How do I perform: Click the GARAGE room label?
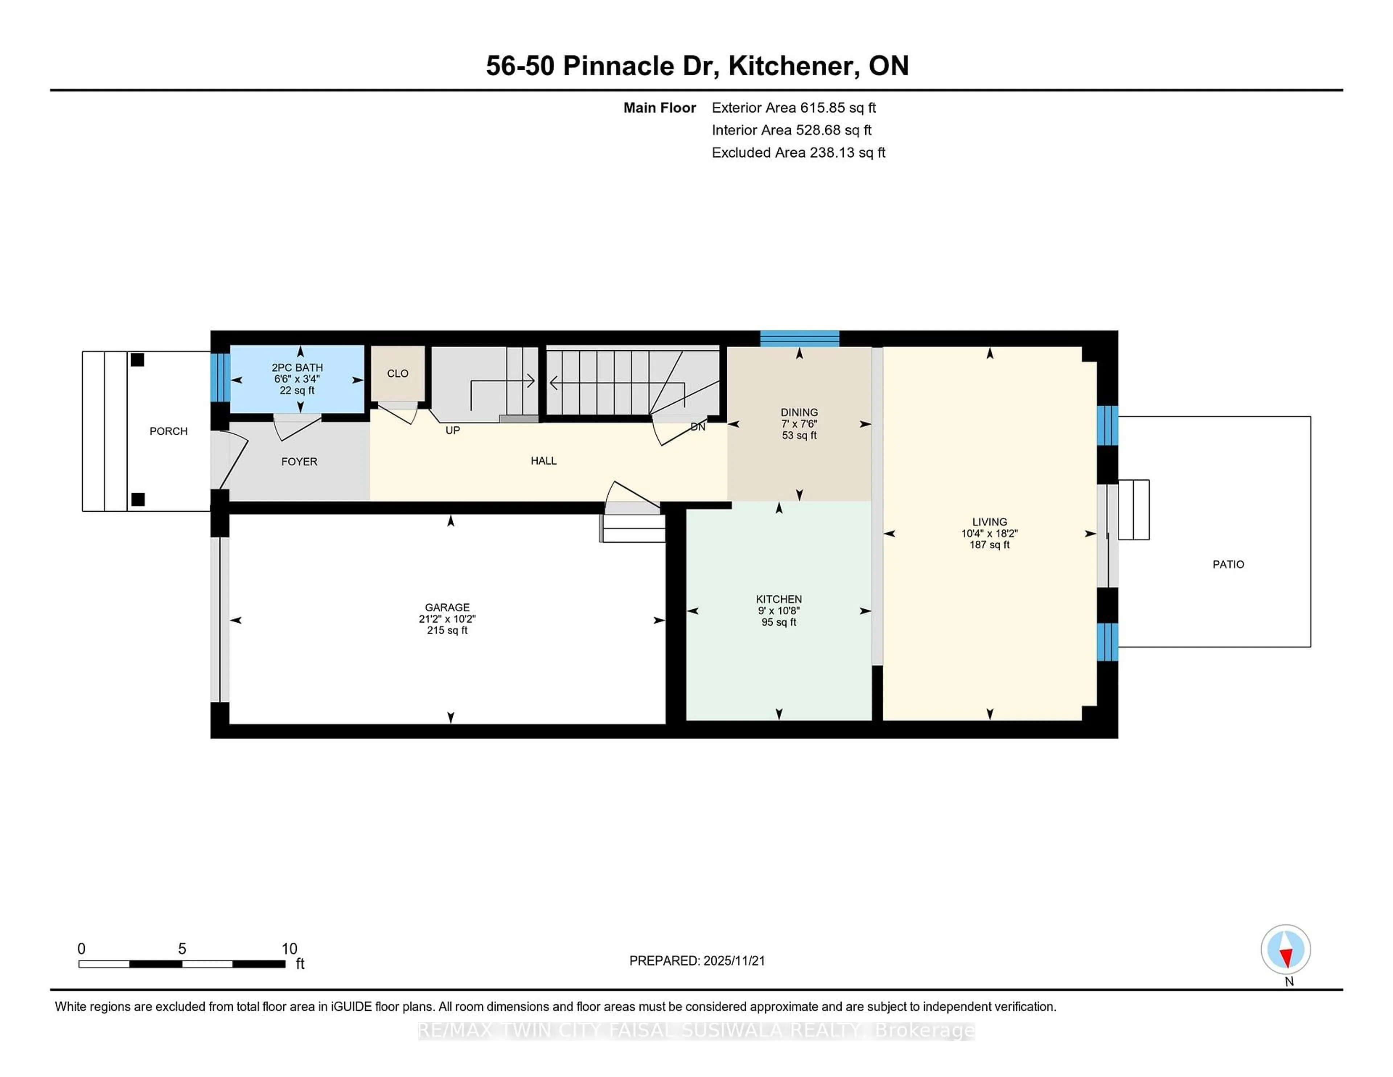[447, 607]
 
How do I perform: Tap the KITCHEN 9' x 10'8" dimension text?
[779, 611]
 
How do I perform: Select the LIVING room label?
[989, 522]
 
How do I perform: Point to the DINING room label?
[799, 412]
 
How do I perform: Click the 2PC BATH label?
[297, 368]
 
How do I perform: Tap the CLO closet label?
[397, 374]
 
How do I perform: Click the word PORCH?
[168, 431]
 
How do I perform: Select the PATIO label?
[1228, 564]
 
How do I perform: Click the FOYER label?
[299, 461]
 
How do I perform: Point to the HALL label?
[543, 460]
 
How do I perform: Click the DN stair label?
[698, 427]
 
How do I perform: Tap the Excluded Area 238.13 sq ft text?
[798, 152]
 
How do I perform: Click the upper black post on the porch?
[137, 360]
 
